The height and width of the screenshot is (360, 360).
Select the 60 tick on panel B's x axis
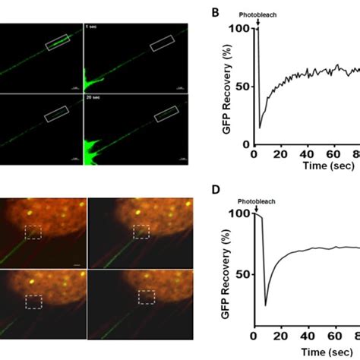pyautogui.click(x=333, y=155)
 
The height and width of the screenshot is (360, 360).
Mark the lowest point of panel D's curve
pyautogui.click(x=266, y=305)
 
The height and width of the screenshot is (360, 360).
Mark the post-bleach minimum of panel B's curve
pyautogui.click(x=260, y=128)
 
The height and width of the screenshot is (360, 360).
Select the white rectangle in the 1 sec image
pyautogui.click(x=163, y=45)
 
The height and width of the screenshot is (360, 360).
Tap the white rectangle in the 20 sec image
pyautogui.click(x=166, y=115)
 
